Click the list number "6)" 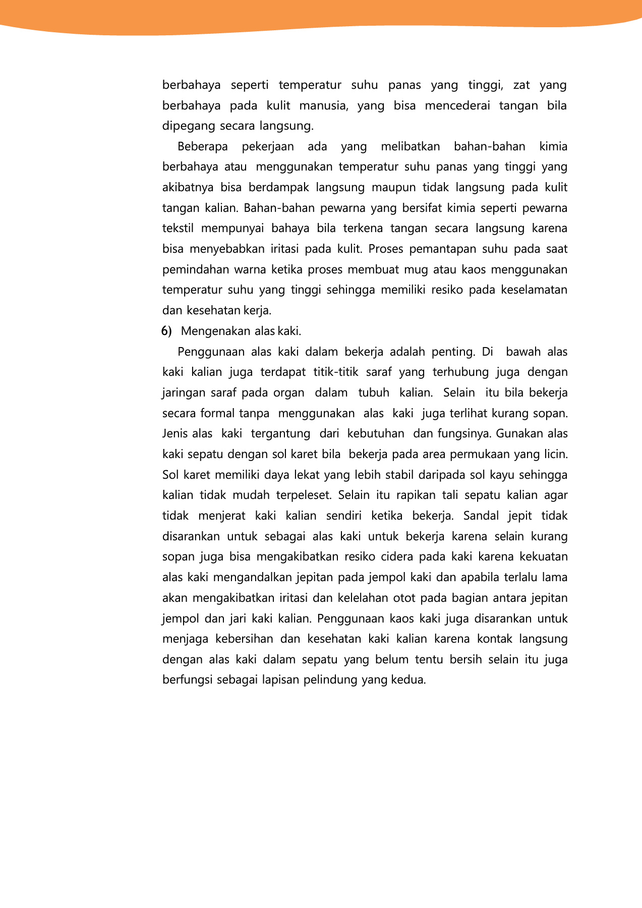tap(166, 331)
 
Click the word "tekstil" tap(178, 229)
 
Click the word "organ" tap(288, 392)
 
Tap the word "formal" tap(217, 413)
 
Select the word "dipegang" tap(189, 126)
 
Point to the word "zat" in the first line tap(521, 85)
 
